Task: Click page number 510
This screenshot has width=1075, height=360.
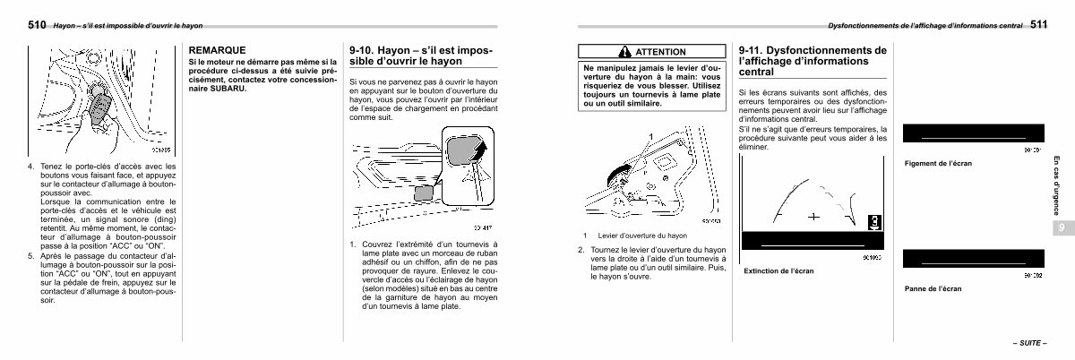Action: pyautogui.click(x=37, y=24)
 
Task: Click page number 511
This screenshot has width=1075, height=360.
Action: pyautogui.click(x=1038, y=24)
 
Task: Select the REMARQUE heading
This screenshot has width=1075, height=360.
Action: pyautogui.click(x=217, y=50)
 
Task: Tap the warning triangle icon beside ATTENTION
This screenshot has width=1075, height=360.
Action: pyautogui.click(x=624, y=51)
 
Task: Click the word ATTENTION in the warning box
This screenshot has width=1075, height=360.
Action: pyautogui.click(x=660, y=52)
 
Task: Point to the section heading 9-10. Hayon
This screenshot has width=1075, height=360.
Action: pyautogui.click(x=420, y=56)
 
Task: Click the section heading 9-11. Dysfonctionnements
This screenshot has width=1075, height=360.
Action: pyautogui.click(x=813, y=61)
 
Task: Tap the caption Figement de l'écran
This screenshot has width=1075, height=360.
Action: pyautogui.click(x=938, y=163)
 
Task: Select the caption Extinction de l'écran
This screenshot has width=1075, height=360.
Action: pyautogui.click(x=778, y=270)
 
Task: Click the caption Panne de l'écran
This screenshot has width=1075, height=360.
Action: pyautogui.click(x=933, y=288)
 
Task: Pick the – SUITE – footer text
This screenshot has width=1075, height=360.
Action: pyautogui.click(x=1030, y=343)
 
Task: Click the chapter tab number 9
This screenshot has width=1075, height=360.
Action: pyautogui.click(x=1061, y=227)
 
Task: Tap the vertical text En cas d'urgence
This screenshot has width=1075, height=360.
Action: pyautogui.click(x=1056, y=185)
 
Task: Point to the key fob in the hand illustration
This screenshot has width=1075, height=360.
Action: pyautogui.click(x=99, y=108)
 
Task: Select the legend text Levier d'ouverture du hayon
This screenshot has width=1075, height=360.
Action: pyautogui.click(x=642, y=236)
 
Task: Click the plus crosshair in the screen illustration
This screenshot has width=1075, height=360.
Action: pyautogui.click(x=813, y=217)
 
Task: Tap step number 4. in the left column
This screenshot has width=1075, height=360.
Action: pyautogui.click(x=31, y=167)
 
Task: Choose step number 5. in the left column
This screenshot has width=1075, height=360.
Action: pyautogui.click(x=31, y=256)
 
